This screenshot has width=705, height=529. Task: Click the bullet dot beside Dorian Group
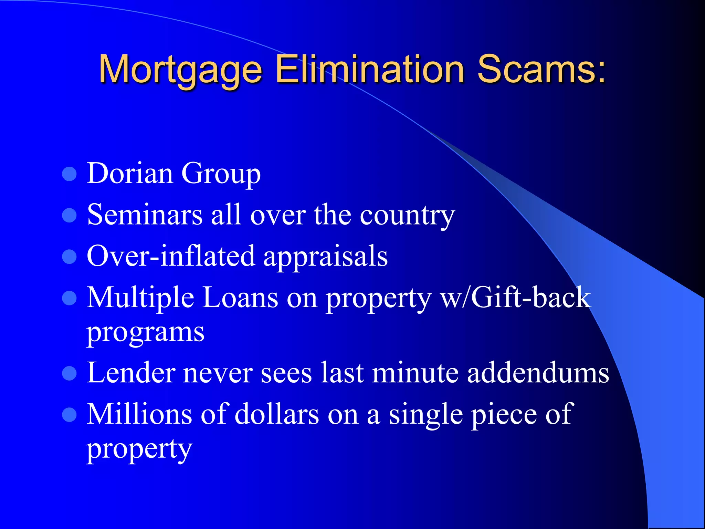click(69, 174)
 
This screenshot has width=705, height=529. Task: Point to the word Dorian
click(130, 173)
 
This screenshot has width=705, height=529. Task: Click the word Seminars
click(145, 215)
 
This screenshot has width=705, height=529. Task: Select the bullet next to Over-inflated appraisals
click(69, 257)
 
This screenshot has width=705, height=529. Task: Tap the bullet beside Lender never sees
click(69, 374)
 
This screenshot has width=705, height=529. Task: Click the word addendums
click(538, 373)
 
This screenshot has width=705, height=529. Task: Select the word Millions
click(139, 414)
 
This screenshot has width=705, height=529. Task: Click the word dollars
click(277, 414)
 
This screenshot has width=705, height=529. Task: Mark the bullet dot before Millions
click(69, 415)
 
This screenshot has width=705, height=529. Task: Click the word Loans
click(240, 298)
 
